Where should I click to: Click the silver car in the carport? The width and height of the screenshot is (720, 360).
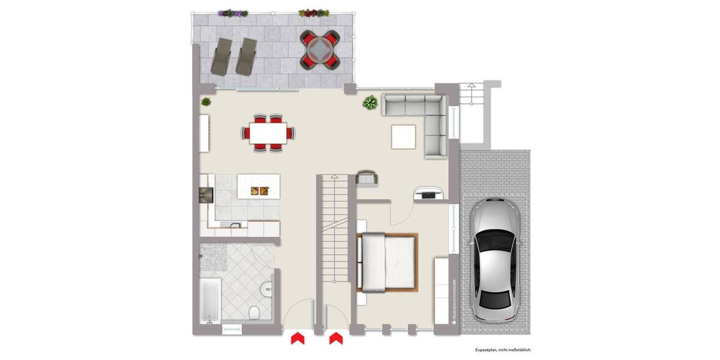point(494,259)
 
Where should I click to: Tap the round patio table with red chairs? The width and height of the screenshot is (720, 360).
point(319,49)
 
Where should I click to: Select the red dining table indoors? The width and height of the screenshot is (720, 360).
point(268,133)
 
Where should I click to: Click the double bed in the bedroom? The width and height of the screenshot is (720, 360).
point(387,262)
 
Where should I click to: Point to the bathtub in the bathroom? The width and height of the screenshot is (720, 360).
point(209,299)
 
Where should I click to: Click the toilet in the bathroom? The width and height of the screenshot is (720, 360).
point(254,313)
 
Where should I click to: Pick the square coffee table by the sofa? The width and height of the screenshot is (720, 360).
point(403,136)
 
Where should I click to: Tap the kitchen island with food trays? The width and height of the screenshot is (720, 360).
point(258,187)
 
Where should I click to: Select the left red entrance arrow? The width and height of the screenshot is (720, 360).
point(298,339)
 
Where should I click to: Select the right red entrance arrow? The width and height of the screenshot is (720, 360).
point(335,339)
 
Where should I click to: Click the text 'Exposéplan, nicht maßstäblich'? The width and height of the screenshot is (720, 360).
point(503,350)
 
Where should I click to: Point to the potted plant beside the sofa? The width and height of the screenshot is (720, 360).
point(370,102)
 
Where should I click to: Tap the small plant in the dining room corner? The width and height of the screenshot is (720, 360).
point(206,101)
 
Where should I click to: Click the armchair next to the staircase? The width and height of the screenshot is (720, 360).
point(365,178)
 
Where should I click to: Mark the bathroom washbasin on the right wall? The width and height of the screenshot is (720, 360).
point(268,289)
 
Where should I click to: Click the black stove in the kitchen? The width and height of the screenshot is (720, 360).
point(205,194)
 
